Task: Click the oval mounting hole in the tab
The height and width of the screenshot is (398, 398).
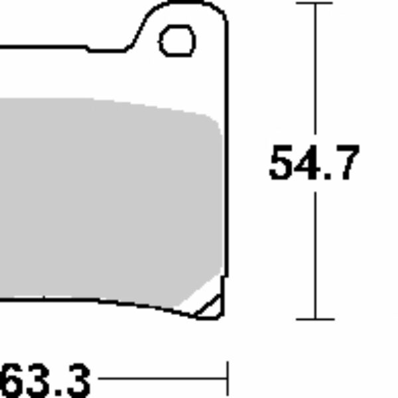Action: pos(178,41)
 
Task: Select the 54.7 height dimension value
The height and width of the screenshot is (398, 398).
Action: pos(314,163)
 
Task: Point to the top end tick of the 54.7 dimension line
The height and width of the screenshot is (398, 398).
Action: pos(314,3)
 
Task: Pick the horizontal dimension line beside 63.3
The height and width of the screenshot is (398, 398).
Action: pos(159,379)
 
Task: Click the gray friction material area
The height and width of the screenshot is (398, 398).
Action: pos(106,199)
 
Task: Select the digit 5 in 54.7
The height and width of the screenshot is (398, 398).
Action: pos(281,163)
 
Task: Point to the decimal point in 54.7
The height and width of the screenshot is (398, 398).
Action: pos(326,177)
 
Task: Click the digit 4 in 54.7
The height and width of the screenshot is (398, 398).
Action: pos(306,163)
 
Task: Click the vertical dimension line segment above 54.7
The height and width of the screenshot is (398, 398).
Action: pos(314,73)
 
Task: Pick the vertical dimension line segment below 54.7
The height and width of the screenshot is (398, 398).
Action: pos(314,252)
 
